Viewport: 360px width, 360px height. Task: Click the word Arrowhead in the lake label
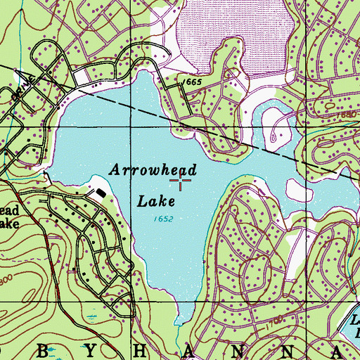[152, 170]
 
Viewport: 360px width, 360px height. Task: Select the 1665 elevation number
[191, 82]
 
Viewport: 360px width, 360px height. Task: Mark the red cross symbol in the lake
[182, 183]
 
